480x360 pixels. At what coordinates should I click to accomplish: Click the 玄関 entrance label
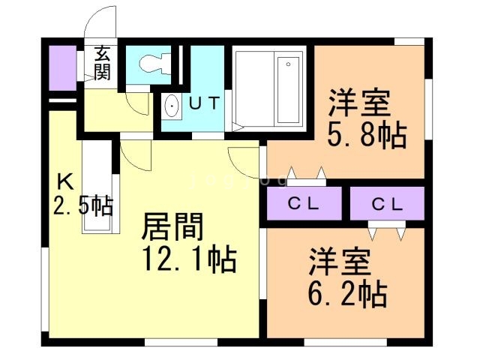[x=102, y=63]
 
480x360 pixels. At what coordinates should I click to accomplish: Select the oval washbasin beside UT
[x=172, y=106]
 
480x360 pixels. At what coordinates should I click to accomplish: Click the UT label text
[x=204, y=103]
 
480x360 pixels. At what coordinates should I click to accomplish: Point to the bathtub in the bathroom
[x=288, y=90]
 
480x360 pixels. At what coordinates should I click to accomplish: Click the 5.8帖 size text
[x=366, y=136]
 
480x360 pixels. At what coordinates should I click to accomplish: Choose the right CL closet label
[x=387, y=202]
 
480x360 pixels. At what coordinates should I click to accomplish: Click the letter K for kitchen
[x=65, y=181]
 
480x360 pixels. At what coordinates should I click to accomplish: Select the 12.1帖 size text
[x=189, y=259]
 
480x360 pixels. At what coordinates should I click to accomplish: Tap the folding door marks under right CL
[x=387, y=232]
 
